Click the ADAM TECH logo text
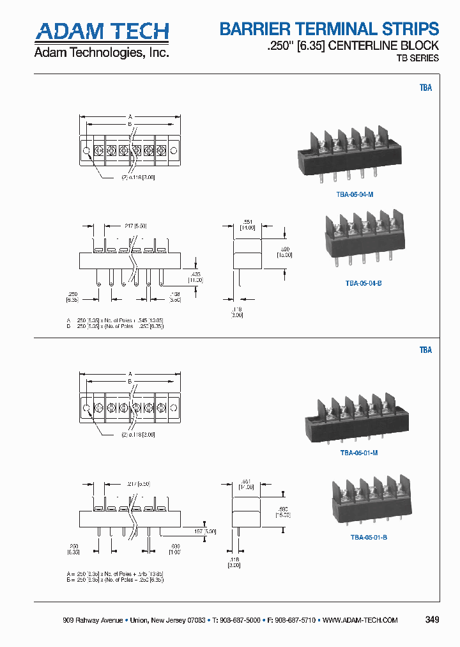[x=102, y=32]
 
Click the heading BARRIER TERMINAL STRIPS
[x=329, y=29]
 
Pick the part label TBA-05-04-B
[x=363, y=283]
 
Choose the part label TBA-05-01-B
[x=368, y=537]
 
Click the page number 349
[x=432, y=620]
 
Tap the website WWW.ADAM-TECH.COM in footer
[x=360, y=621]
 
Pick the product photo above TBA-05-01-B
[x=368, y=502]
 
